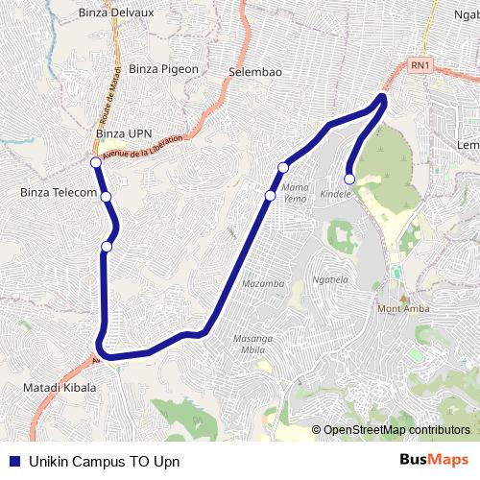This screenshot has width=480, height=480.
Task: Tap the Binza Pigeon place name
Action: pyautogui.click(x=163, y=69)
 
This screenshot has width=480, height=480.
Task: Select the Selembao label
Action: pyautogui.click(x=255, y=72)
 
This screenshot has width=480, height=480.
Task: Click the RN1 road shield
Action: pyautogui.click(x=420, y=65)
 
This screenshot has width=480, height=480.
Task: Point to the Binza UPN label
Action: pyautogui.click(x=125, y=132)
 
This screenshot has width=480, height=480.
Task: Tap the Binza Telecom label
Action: pyautogui.click(x=59, y=193)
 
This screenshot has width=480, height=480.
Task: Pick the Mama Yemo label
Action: pyautogui.click(x=295, y=192)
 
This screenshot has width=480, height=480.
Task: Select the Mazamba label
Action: pyautogui.click(x=263, y=284)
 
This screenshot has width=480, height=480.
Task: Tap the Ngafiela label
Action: pyautogui.click(x=330, y=280)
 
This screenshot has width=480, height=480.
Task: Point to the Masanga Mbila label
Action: pyautogui.click(x=253, y=344)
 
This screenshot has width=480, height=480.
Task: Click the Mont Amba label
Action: pyautogui.click(x=403, y=308)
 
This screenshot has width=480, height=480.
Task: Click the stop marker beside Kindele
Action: pyautogui.click(x=349, y=178)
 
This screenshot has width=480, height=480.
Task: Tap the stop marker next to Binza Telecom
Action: pyautogui.click(x=106, y=197)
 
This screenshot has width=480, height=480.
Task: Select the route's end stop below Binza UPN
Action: pyautogui.click(x=96, y=163)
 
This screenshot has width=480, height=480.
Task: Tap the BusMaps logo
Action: pyautogui.click(x=434, y=460)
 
